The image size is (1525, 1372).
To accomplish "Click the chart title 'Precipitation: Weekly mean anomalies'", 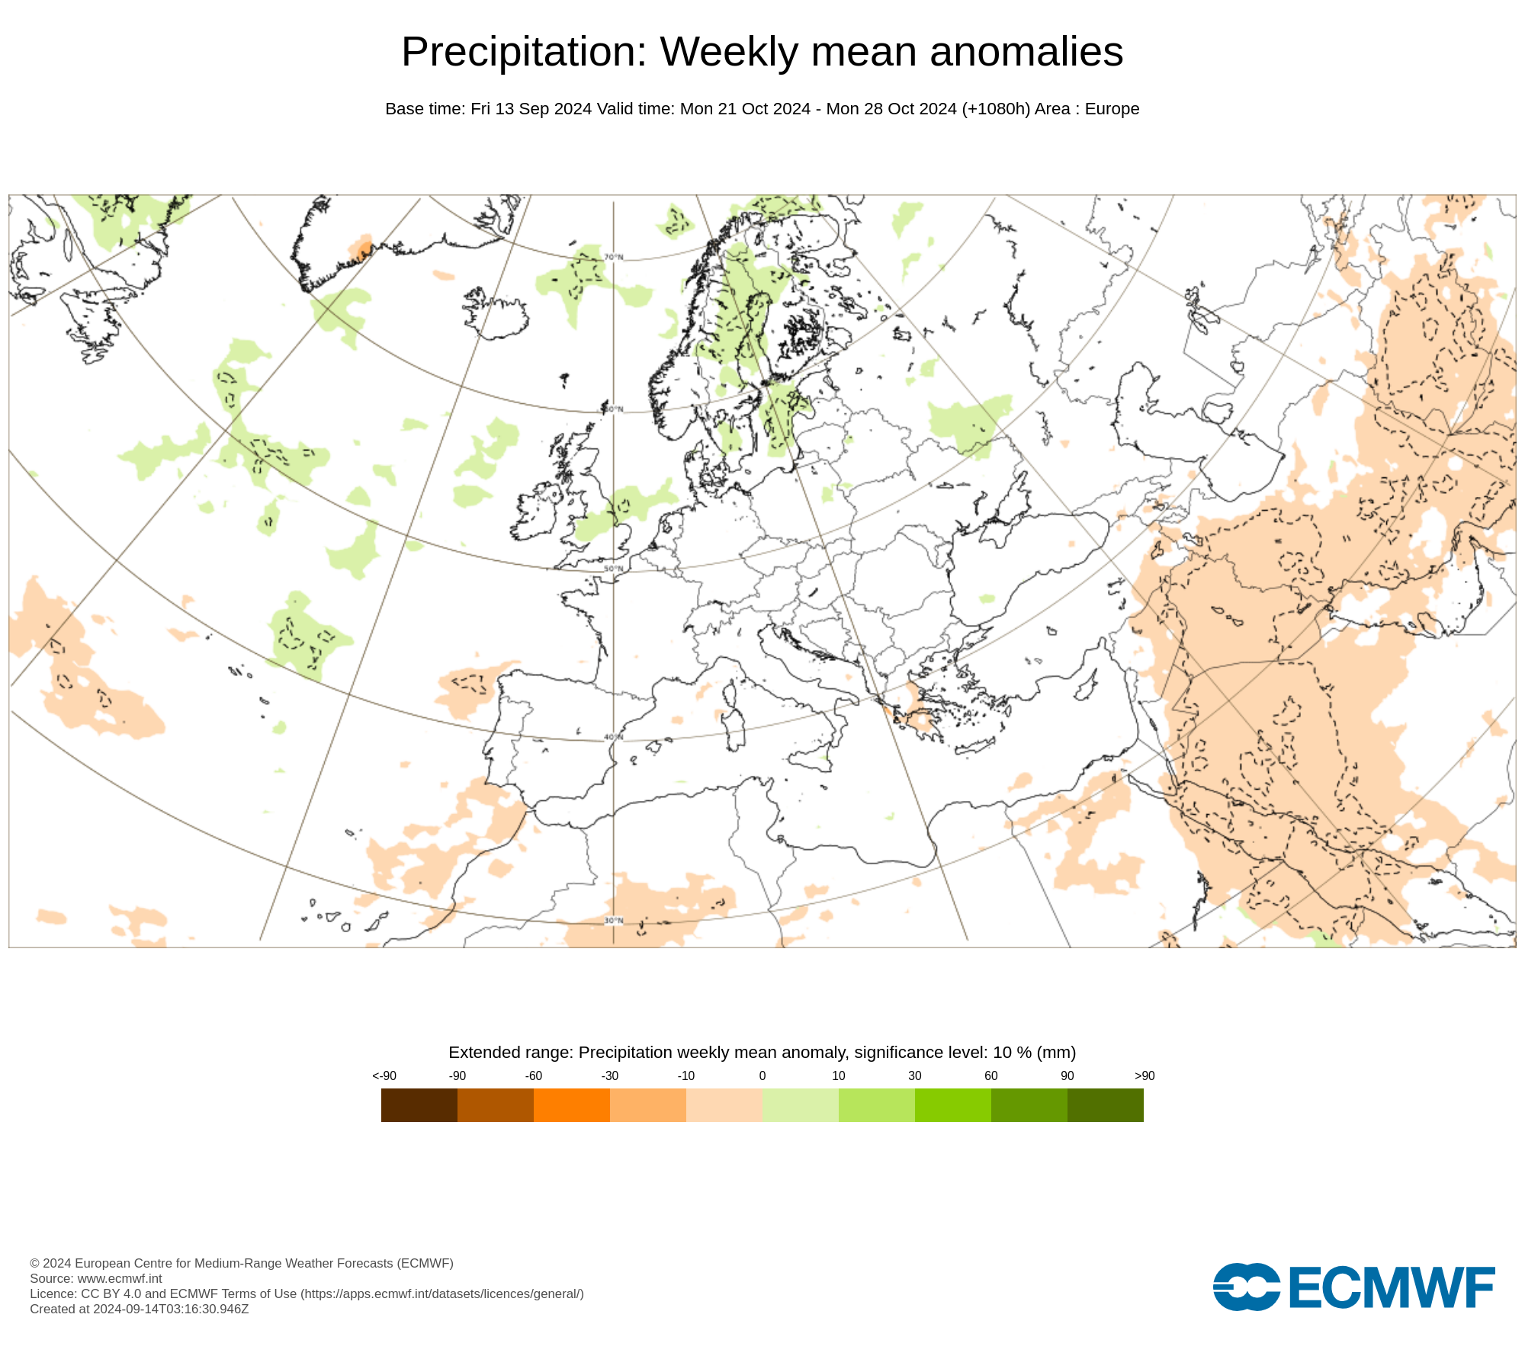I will point(762,52).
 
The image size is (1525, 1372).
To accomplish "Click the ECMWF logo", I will point(1353,1287).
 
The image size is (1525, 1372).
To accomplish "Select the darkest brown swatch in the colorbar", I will point(419,1105).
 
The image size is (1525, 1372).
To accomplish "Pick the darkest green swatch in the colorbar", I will point(1105,1105).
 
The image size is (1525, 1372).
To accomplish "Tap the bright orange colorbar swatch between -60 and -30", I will point(571,1105).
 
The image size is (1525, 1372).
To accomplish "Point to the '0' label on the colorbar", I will point(762,1075).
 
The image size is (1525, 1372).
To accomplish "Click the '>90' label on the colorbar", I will point(1145,1075).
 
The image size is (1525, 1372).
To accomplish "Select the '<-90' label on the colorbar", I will point(384,1075).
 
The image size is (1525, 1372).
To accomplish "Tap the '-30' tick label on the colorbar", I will point(610,1075).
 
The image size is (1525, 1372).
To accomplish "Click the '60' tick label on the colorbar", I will point(990,1075).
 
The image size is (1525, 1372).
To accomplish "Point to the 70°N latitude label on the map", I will point(614,257).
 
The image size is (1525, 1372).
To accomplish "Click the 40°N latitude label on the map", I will point(614,737).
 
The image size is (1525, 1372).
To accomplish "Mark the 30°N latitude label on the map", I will point(614,921).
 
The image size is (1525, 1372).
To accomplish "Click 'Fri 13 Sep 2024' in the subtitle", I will point(531,109).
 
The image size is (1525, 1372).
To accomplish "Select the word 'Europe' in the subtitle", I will point(1112,109).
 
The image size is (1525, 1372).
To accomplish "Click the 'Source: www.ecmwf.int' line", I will point(96,1278).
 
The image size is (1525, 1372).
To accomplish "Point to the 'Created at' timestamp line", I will point(140,1309).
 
